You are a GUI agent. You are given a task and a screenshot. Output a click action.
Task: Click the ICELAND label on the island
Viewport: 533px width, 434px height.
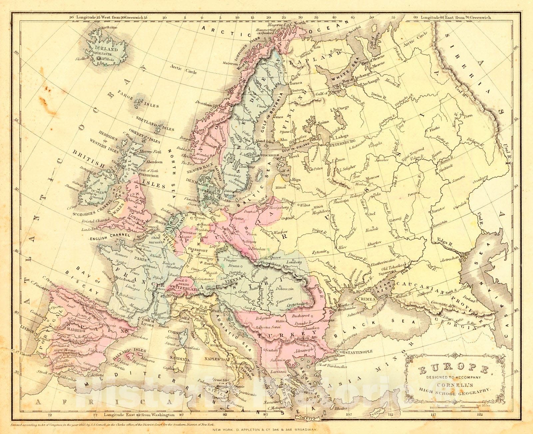click(106, 49)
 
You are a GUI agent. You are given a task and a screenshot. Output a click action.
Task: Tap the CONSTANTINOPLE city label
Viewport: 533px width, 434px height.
click(353, 352)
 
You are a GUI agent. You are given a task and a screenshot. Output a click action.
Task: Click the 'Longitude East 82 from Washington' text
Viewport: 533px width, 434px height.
click(139, 415)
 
